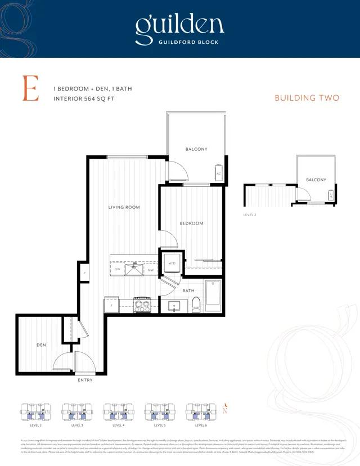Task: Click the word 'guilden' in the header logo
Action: click(179, 24)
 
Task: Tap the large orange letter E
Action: click(30, 88)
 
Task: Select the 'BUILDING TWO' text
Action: click(307, 98)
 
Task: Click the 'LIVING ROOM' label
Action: click(124, 208)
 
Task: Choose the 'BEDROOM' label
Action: click(191, 223)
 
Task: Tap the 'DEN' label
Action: click(41, 344)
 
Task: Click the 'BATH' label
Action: click(188, 290)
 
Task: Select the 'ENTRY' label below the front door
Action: click(85, 380)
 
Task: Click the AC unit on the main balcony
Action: click(218, 173)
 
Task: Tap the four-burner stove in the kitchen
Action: click(142, 306)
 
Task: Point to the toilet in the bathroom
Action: click(196, 304)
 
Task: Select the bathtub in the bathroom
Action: click(213, 295)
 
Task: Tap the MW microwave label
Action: click(150, 270)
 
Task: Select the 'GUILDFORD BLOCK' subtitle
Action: click(179, 42)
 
